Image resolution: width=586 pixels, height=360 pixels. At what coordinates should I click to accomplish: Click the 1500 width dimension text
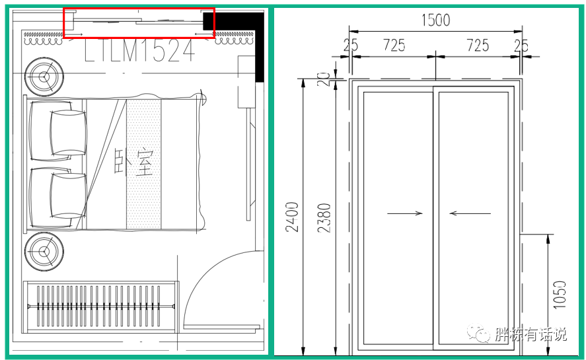436,20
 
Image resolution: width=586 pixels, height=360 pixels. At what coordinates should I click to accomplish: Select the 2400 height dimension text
292,217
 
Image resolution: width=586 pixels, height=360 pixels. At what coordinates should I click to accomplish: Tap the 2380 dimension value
324,218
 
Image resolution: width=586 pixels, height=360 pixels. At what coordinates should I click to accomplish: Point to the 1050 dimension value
559,295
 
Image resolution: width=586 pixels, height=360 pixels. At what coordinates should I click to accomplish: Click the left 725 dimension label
394,45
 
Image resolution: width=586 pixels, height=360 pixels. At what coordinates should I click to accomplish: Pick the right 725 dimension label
478,45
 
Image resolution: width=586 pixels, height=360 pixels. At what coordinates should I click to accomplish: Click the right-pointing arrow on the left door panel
405,213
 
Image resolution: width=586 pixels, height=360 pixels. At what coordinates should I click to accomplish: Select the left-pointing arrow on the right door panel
470,213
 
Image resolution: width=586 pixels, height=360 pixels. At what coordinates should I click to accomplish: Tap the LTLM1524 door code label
139,50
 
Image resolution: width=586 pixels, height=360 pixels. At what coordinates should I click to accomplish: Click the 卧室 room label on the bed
134,162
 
